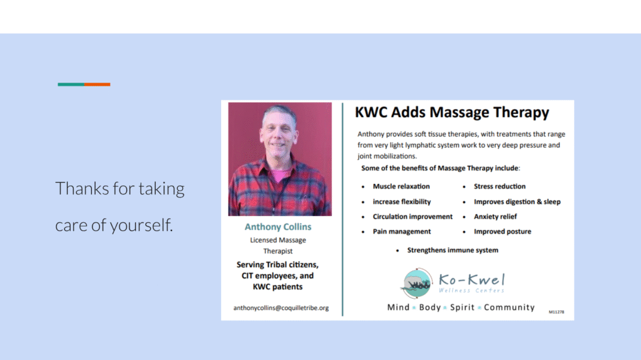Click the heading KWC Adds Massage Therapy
[x=451, y=113]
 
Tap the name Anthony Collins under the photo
[x=277, y=227]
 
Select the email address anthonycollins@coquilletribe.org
[x=281, y=308]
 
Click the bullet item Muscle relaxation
[x=401, y=187]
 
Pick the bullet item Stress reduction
[x=500, y=187]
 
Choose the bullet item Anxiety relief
[x=495, y=217]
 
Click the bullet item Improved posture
[x=502, y=232]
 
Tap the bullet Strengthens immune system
[x=453, y=250]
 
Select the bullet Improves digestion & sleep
[x=517, y=202]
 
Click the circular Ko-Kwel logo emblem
[x=418, y=283]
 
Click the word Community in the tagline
[x=509, y=307]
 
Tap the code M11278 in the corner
[x=556, y=311]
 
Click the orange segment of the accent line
[x=97, y=85]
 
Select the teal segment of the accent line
[x=71, y=85]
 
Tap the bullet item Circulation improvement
[x=413, y=217]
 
